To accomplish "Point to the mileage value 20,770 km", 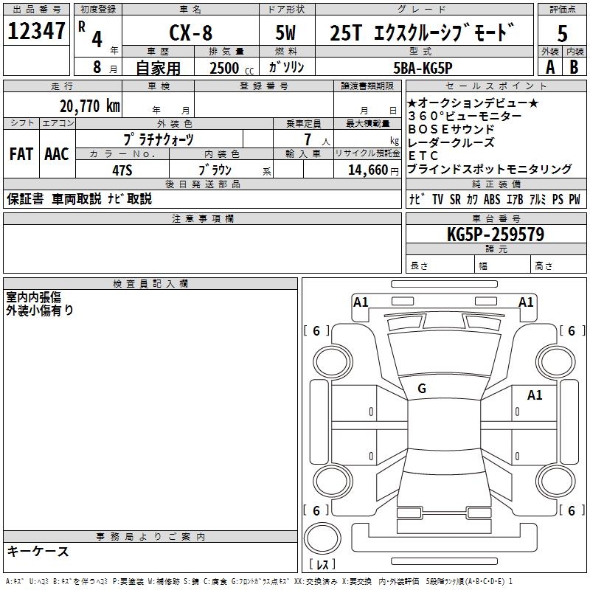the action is (x=89, y=106).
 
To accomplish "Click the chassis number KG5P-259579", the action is (x=495, y=235).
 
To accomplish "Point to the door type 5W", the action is (x=287, y=34).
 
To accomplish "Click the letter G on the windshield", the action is (x=421, y=389).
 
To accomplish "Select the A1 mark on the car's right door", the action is (x=534, y=395).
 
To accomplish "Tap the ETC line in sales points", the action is (x=423, y=156).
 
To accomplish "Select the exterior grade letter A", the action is (x=549, y=67).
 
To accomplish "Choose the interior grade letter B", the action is (x=574, y=67).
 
